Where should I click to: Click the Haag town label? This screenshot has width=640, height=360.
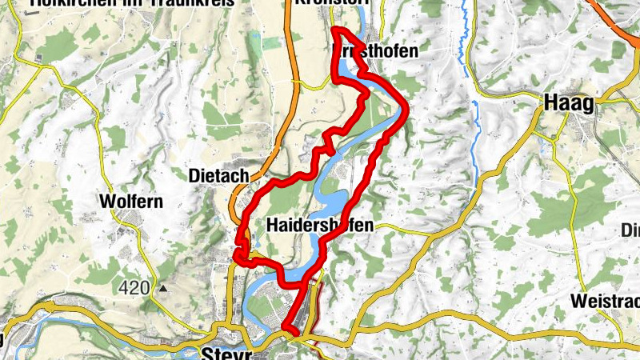coord(570,102)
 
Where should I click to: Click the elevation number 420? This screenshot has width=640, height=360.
coord(134,287)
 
